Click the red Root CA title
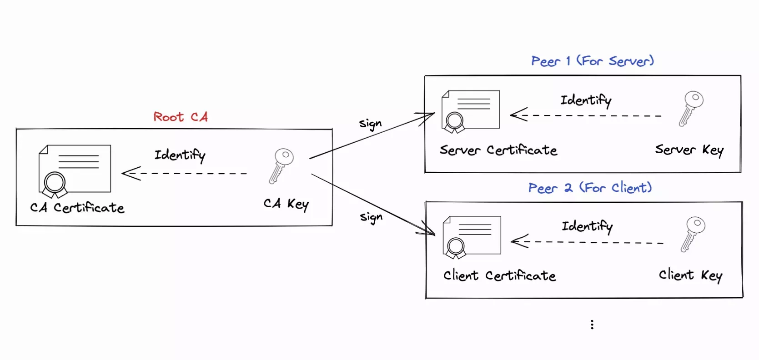point(181,117)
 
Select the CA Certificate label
point(77,208)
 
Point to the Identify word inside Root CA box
point(180,155)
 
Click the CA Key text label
point(286,204)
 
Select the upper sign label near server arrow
point(370,124)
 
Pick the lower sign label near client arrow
point(371,217)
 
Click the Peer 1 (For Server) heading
point(592,61)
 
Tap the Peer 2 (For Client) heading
point(590,188)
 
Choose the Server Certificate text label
point(498,150)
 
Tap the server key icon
point(691,108)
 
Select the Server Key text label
point(689,150)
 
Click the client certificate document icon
point(472,237)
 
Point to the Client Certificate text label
point(499,275)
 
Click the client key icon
point(693,234)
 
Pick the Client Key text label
point(690,275)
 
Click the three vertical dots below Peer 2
point(592,324)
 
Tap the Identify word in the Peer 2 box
point(587,226)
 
